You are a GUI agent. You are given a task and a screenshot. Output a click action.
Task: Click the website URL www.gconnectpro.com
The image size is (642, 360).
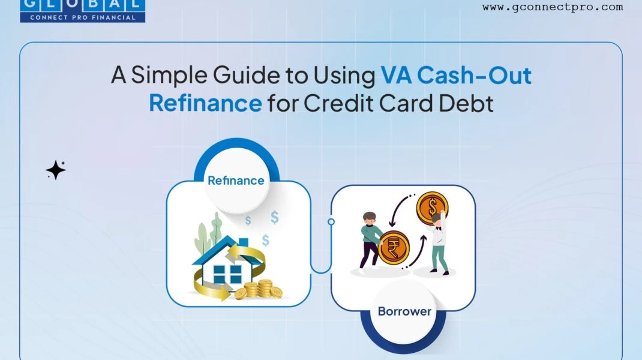[553, 7]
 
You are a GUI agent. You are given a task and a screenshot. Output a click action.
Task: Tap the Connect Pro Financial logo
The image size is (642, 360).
[83, 11]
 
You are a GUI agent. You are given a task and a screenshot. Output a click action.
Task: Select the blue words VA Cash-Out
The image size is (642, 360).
[456, 76]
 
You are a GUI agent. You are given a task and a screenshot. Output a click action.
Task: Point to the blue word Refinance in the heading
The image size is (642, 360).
[205, 103]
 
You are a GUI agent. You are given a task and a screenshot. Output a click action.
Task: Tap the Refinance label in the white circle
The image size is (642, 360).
[236, 181]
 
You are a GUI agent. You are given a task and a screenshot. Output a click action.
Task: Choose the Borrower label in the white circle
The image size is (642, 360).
[404, 311]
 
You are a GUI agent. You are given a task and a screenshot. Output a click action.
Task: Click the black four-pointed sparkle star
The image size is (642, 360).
[56, 170]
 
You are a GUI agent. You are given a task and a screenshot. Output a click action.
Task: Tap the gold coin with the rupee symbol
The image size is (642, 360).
[394, 247]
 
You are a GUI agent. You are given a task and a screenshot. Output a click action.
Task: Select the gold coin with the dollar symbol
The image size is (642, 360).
[432, 207]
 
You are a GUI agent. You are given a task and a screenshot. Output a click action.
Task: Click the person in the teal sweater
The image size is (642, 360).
[371, 242]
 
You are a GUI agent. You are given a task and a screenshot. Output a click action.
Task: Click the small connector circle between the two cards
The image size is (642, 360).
[331, 221]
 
